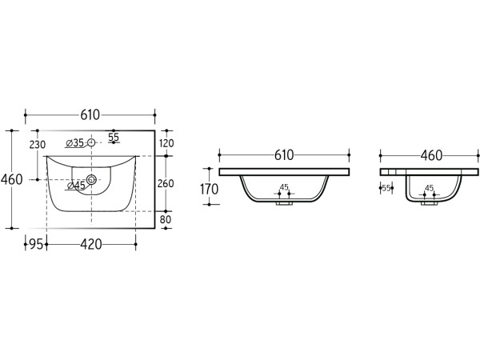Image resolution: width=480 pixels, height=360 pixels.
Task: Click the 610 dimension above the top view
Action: coord(90,114)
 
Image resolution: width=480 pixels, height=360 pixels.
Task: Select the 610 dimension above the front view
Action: coord(284,155)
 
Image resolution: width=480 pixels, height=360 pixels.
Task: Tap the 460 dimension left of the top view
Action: coord(12,179)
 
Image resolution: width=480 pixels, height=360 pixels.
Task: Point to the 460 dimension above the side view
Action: coord(431,155)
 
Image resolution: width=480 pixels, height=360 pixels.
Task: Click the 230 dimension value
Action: coord(38,145)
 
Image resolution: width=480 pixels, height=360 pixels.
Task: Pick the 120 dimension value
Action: coord(166,143)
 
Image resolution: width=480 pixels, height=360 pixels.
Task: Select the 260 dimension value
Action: coord(166,183)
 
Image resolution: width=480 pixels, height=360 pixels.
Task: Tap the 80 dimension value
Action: coord(166,219)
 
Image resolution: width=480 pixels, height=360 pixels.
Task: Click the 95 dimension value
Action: coord(36,244)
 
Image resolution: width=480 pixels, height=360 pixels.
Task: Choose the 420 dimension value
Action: coord(91,244)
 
